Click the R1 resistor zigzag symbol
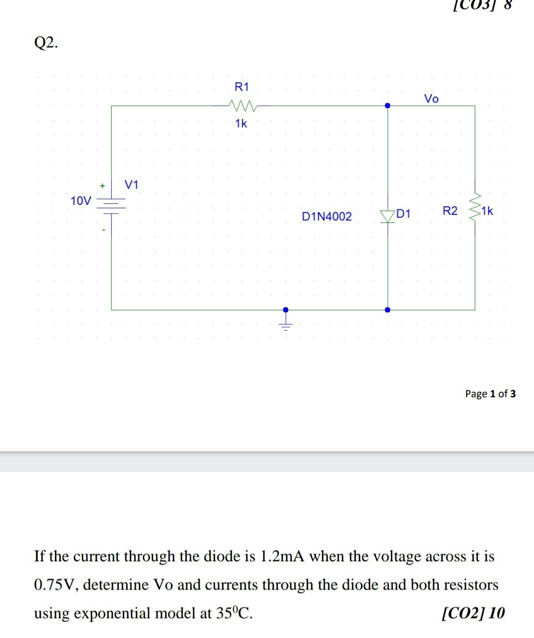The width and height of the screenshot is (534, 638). [x=241, y=105]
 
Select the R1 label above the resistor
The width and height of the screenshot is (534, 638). [x=241, y=87]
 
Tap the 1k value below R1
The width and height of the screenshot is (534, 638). [x=241, y=123]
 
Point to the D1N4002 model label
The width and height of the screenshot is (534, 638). [x=326, y=216]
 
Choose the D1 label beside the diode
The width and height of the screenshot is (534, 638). [x=403, y=214]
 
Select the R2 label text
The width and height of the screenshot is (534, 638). [x=450, y=211]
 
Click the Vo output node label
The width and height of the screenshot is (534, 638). [x=431, y=99]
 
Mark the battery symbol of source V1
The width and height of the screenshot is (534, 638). [x=111, y=205]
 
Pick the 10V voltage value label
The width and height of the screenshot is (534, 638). [x=81, y=201]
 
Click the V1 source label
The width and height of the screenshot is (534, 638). [x=132, y=185]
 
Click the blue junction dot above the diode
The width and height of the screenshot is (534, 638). [x=388, y=106]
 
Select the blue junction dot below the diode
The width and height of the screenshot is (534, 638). [x=388, y=310]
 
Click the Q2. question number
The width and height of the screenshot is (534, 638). [x=46, y=43]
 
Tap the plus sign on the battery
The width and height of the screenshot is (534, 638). [x=102, y=186]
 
